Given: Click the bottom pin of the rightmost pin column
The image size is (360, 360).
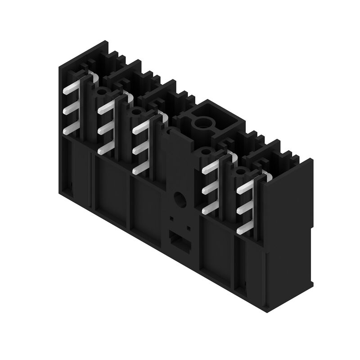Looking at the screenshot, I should click(x=243, y=230).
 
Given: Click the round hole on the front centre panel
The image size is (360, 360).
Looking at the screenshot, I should click(x=180, y=198).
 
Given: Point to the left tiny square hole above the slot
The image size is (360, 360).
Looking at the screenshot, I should click(x=171, y=219).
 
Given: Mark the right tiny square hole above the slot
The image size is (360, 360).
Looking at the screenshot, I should click(x=188, y=228).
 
